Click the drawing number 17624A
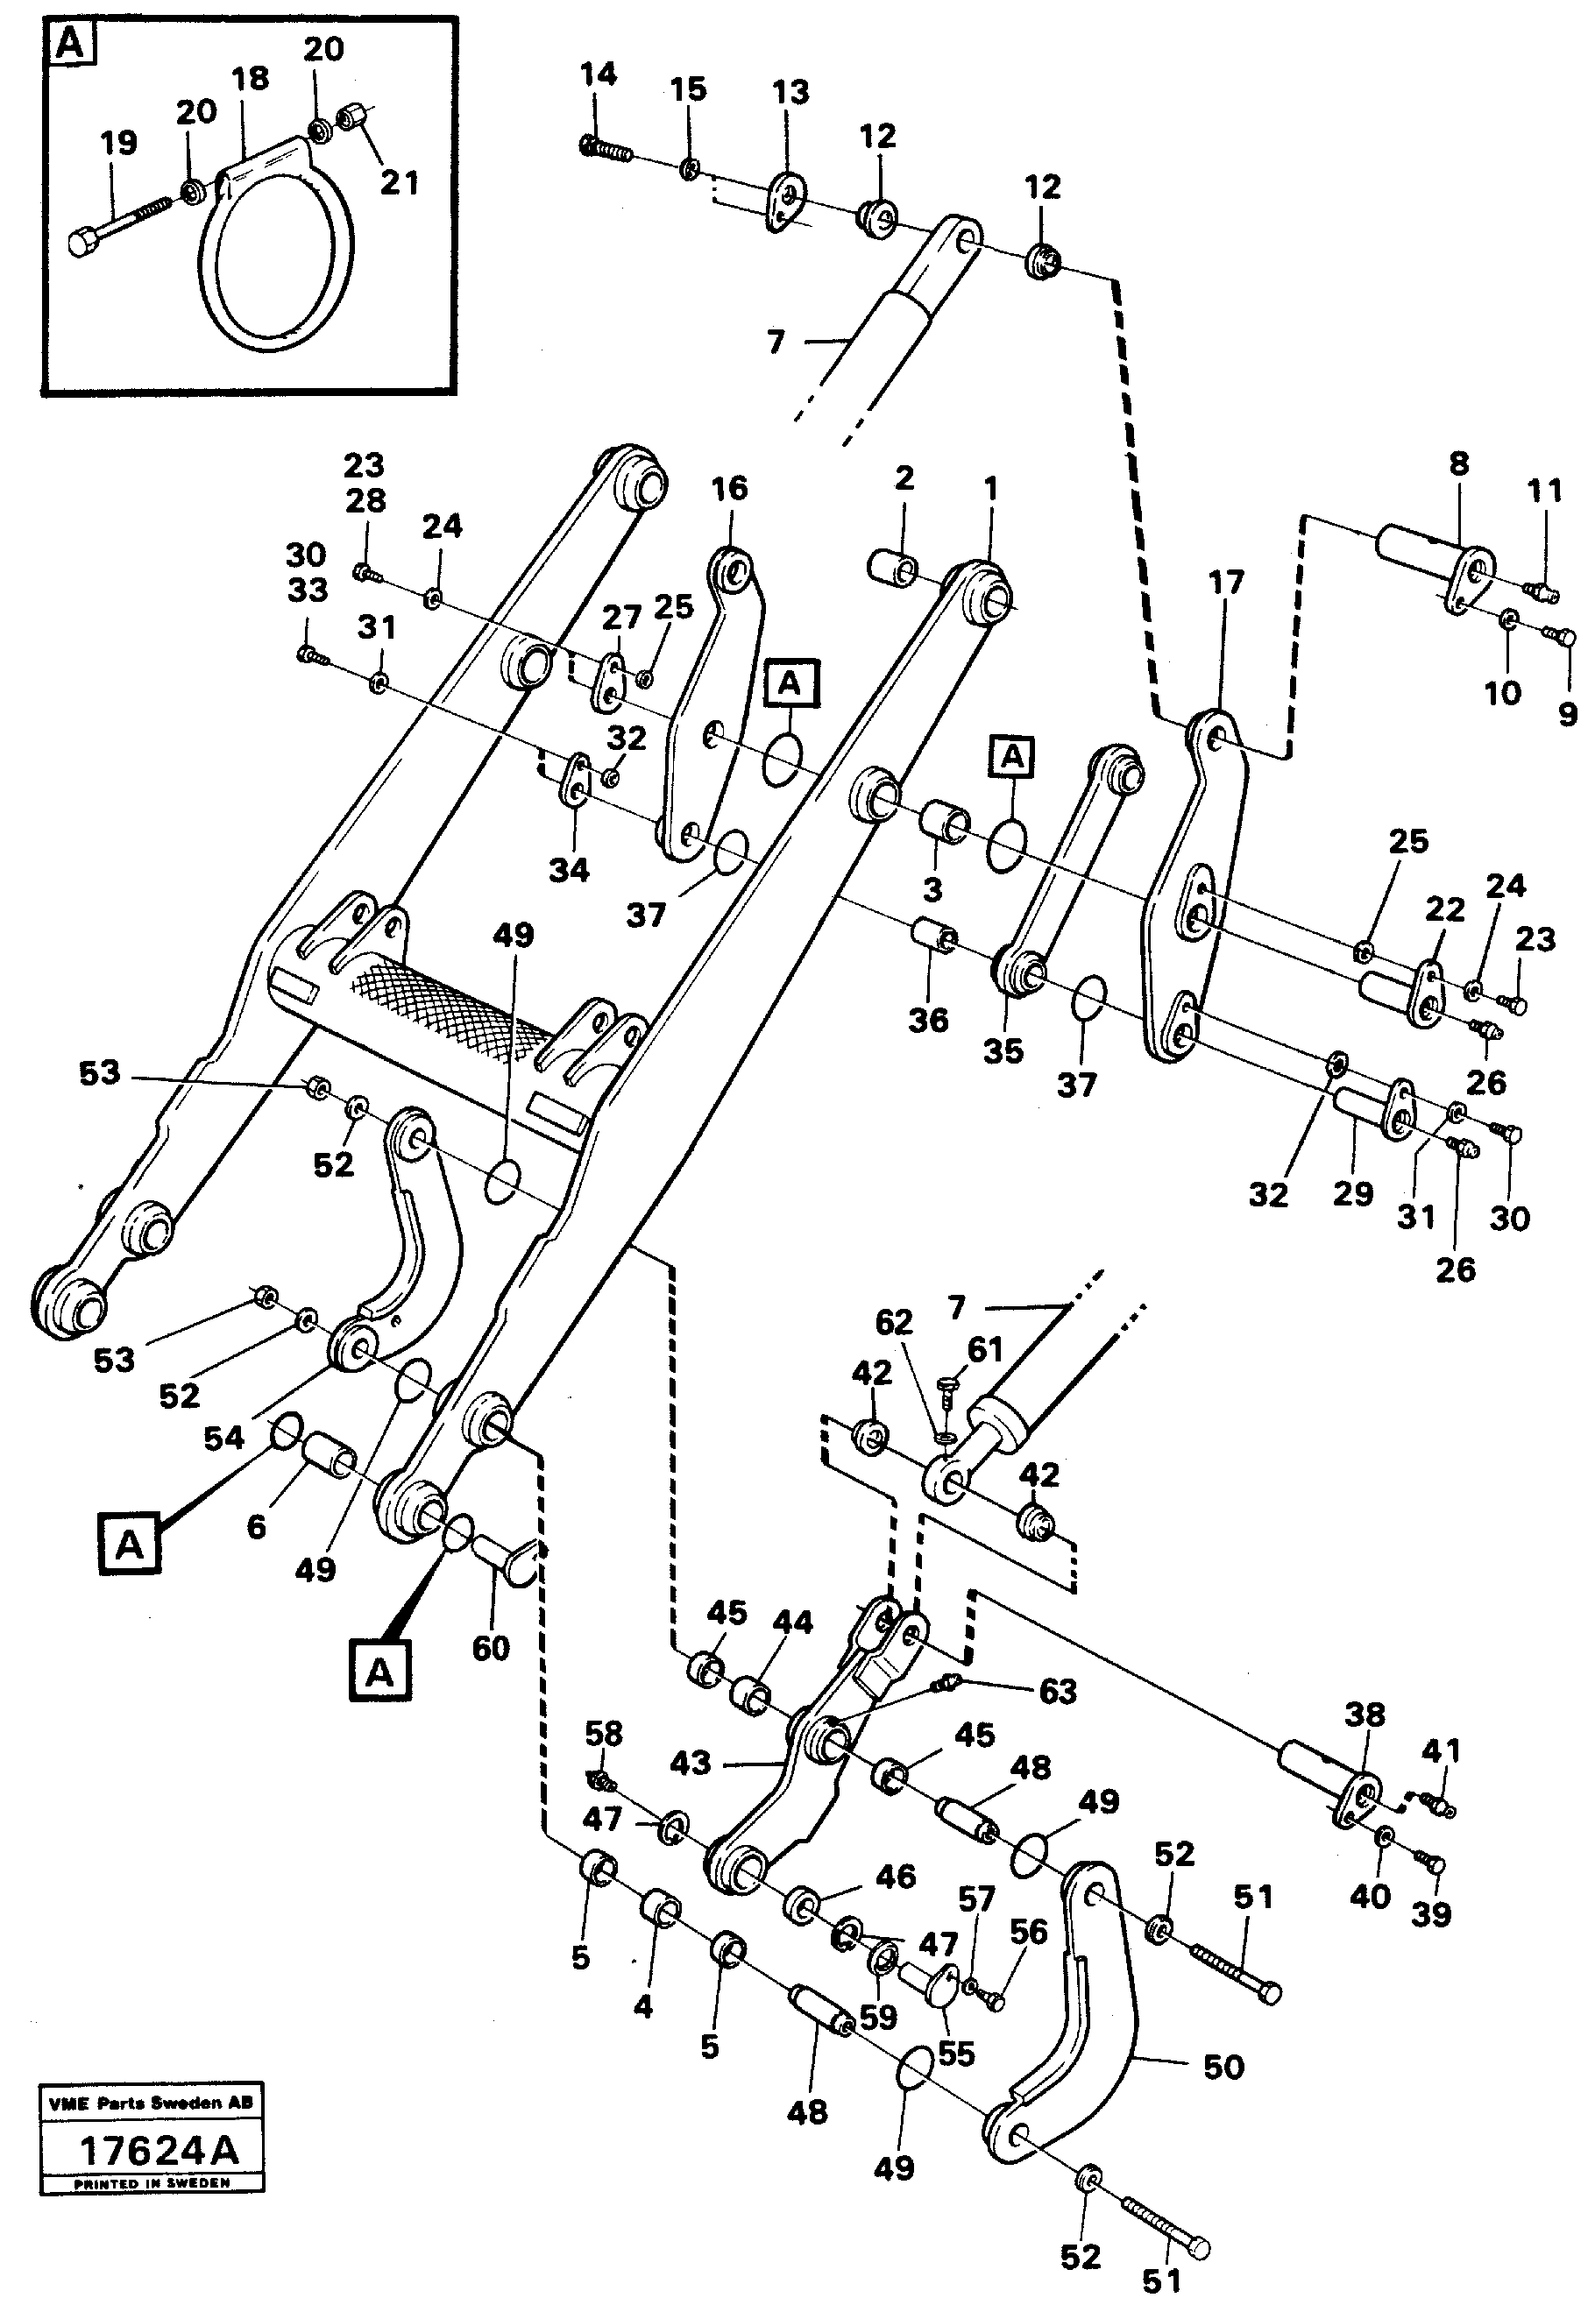click(157, 2151)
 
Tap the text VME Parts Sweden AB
click(151, 2103)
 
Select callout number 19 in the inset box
click(118, 143)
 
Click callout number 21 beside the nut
click(400, 183)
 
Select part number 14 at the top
click(599, 75)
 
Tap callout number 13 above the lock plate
click(790, 93)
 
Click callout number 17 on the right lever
click(1226, 583)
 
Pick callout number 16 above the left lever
click(729, 489)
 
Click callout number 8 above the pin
click(1459, 464)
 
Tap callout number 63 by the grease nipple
click(1057, 1692)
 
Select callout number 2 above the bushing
click(904, 478)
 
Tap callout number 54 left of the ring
click(223, 1439)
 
